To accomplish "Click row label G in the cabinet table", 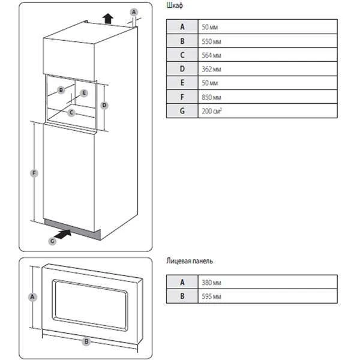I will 181,111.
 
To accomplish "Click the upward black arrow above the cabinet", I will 108,17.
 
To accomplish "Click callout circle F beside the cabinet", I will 35,174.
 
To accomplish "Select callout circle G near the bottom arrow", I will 52,241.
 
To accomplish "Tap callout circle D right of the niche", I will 104,106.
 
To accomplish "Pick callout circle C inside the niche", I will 71,112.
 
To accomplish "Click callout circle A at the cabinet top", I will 134,11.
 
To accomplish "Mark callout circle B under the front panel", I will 86,341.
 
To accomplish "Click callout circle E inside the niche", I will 84,93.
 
